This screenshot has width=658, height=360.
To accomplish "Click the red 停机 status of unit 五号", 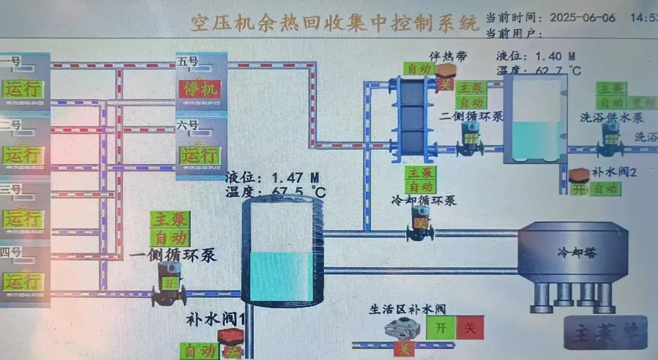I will tap(199, 90).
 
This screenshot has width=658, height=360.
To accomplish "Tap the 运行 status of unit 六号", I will tap(199, 155).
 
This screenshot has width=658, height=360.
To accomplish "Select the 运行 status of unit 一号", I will tap(23, 89).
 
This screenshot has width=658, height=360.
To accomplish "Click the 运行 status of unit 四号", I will tap(23, 281).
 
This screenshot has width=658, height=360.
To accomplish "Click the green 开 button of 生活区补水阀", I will tap(440, 327).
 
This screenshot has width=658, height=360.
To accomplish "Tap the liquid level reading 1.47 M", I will tap(295, 178).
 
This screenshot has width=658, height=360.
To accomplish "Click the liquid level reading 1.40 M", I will tap(555, 57).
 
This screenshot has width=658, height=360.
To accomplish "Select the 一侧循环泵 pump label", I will tap(173, 255).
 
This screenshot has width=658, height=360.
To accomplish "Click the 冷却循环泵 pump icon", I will tap(420, 223).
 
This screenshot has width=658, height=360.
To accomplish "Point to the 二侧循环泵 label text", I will tap(471, 116).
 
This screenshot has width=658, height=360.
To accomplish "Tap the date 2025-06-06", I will tap(582, 17).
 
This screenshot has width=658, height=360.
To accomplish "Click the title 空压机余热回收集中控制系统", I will tap(334, 23).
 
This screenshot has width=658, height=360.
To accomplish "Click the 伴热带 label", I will tap(448, 57).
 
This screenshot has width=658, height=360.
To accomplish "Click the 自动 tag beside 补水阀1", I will tap(199, 351).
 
